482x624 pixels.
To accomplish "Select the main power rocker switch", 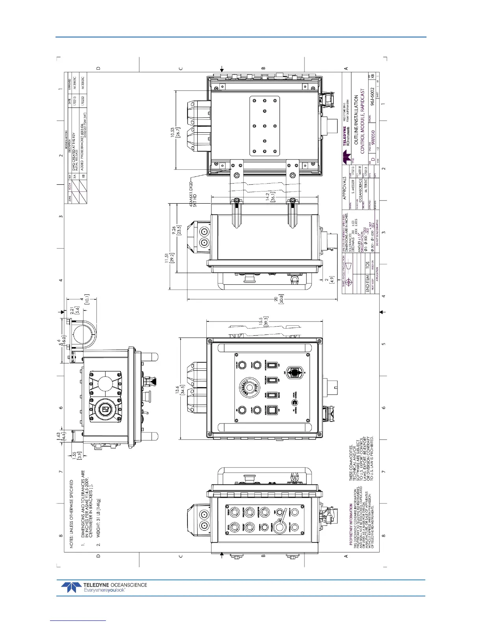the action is point(271,410).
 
